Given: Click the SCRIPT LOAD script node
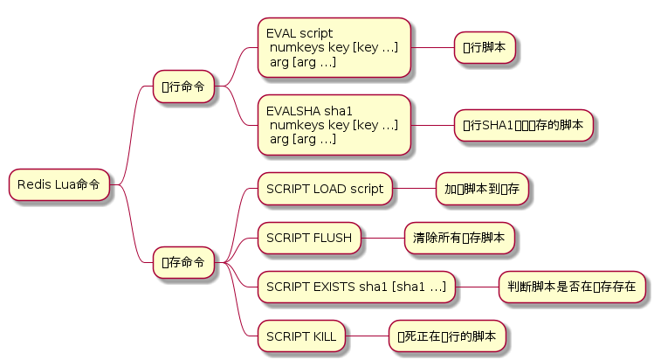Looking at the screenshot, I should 325,189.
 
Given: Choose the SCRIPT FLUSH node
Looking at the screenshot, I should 309,237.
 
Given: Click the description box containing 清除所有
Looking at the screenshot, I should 458,237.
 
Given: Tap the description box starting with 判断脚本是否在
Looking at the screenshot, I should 572,286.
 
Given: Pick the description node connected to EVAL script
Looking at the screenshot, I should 485,48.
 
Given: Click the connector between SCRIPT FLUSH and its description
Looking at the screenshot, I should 382,237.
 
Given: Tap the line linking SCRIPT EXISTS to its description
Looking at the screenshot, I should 477,286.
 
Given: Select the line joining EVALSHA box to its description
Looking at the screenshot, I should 431,125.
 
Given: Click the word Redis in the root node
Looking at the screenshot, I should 32,185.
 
